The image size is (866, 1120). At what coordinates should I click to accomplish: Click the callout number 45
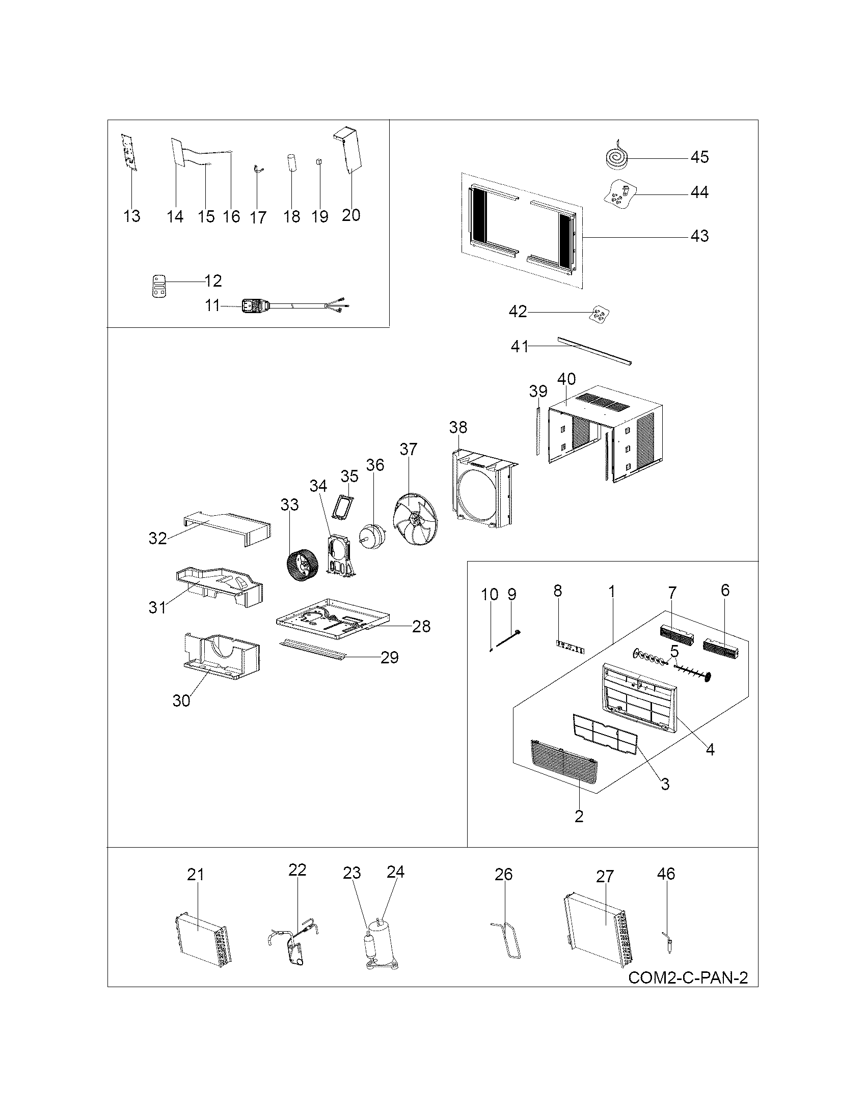pyautogui.click(x=699, y=157)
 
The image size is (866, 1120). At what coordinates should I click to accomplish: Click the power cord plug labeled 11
pyautogui.click(x=252, y=306)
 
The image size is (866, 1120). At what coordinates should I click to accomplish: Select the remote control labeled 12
pyautogui.click(x=160, y=285)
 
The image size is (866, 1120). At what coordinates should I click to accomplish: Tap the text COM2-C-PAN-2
pyautogui.click(x=688, y=977)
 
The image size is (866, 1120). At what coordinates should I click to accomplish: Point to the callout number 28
pyautogui.click(x=421, y=626)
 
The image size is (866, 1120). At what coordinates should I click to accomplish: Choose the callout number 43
pyautogui.click(x=699, y=236)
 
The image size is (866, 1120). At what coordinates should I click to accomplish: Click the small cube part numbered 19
pyautogui.click(x=319, y=161)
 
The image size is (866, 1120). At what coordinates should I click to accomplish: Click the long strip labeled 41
pyautogui.click(x=594, y=350)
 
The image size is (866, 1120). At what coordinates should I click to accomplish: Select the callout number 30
pyautogui.click(x=181, y=701)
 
